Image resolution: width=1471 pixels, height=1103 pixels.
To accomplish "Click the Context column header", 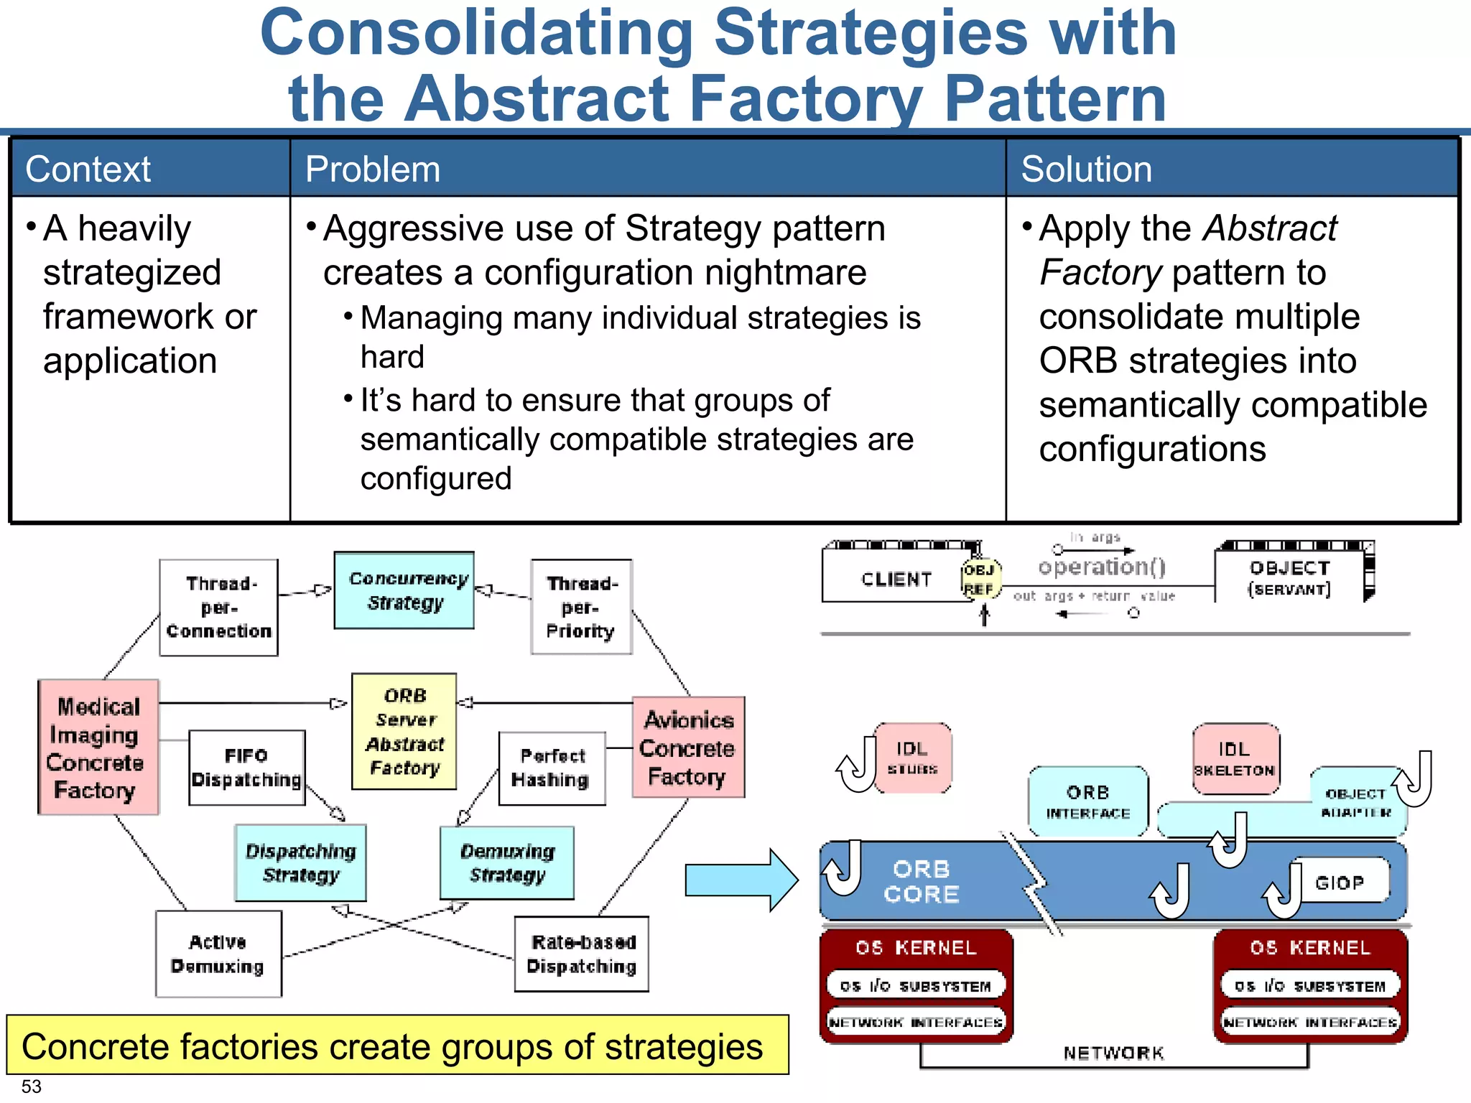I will [x=88, y=169].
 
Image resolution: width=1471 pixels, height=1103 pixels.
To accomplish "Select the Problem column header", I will [x=372, y=169].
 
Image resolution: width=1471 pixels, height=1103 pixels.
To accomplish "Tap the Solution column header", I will [x=1086, y=169].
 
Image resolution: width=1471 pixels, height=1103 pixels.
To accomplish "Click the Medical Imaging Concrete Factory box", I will [x=98, y=747].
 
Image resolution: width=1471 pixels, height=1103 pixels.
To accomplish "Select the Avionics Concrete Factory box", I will [x=688, y=747].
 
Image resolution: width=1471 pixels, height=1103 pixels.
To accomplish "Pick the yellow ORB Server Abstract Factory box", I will [x=404, y=731].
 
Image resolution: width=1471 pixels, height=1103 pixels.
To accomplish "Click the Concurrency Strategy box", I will [x=404, y=590].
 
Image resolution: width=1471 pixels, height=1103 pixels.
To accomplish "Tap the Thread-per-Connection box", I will [x=218, y=608].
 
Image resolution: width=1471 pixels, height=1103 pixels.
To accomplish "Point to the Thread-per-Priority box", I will [x=581, y=608].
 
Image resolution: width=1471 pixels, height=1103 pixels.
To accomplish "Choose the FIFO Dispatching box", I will [x=246, y=768].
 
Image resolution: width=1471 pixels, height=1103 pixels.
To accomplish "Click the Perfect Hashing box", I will [x=552, y=768].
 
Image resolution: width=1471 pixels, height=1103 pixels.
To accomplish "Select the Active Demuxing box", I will [x=218, y=954].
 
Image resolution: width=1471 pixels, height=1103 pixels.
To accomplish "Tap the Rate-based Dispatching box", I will [x=581, y=954].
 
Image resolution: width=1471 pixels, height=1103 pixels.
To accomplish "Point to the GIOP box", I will [x=1340, y=882].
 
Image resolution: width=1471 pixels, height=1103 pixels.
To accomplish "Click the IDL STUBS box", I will [x=913, y=758].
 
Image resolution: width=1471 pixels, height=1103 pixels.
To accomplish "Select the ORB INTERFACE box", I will [x=1087, y=801].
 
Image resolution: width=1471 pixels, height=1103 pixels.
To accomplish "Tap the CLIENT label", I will [x=896, y=579].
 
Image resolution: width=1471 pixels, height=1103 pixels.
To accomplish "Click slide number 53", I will [x=32, y=1086].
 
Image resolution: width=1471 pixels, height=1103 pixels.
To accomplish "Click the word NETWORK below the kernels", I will [x=1113, y=1053].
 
